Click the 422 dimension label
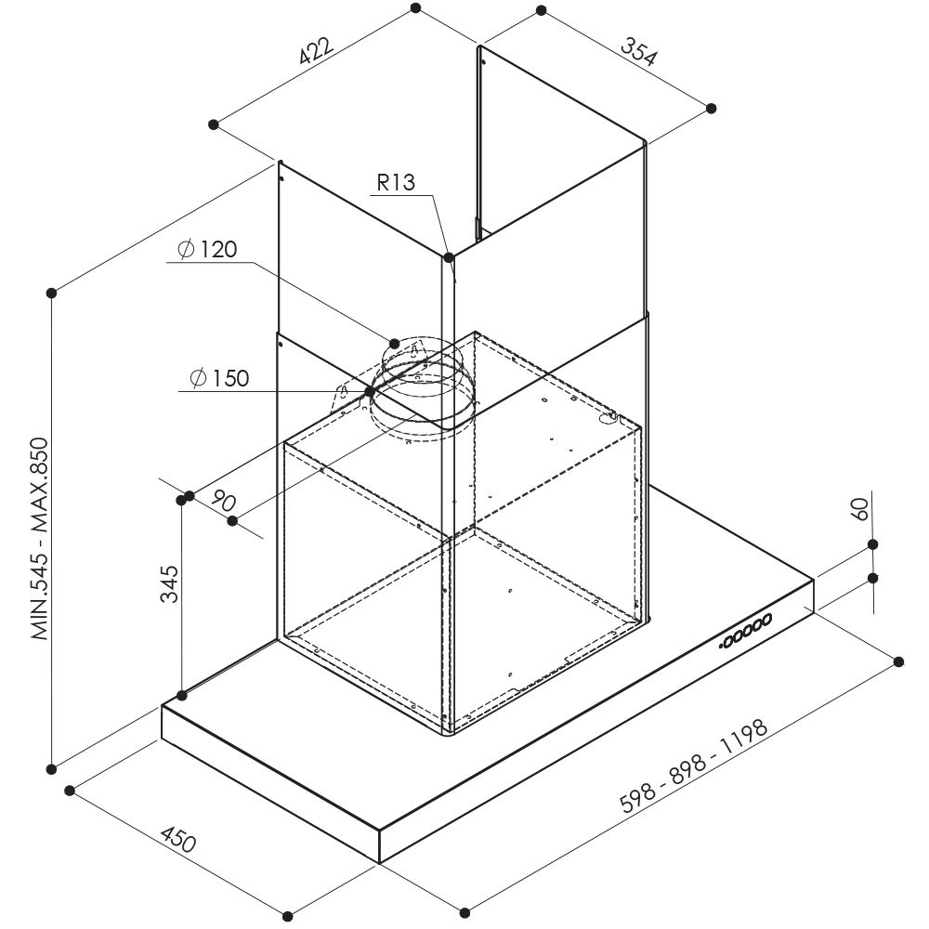point(317,50)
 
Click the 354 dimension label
point(639,51)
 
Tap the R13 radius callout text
point(396,182)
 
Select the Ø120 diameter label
point(207,249)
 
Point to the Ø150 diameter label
point(219,378)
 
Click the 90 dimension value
point(223,502)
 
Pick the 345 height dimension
point(169,583)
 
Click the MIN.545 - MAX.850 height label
point(39,539)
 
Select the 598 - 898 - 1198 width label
point(694,765)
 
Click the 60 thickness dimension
point(859,509)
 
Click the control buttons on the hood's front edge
point(745,631)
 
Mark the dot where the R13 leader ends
point(449,257)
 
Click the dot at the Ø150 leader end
point(370,391)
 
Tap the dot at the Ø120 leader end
point(395,344)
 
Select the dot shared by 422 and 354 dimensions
point(416,7)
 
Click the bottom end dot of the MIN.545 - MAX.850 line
point(51,769)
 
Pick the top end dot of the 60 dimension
point(872,544)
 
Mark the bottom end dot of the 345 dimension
point(182,695)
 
